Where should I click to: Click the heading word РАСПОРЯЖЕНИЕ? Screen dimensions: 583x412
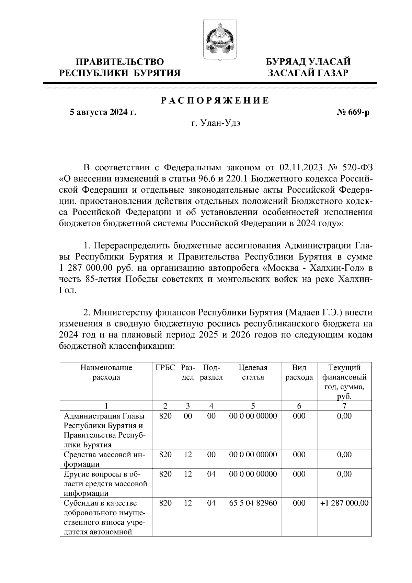(215, 101)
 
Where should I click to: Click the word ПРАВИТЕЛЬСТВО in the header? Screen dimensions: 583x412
(119, 62)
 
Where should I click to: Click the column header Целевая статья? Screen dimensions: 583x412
(253, 373)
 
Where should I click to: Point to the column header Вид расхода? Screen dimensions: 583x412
(299, 373)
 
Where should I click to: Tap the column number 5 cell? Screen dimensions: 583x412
(253, 406)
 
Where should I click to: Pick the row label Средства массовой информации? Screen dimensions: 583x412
(104, 459)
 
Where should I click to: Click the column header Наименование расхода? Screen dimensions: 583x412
(106, 373)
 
